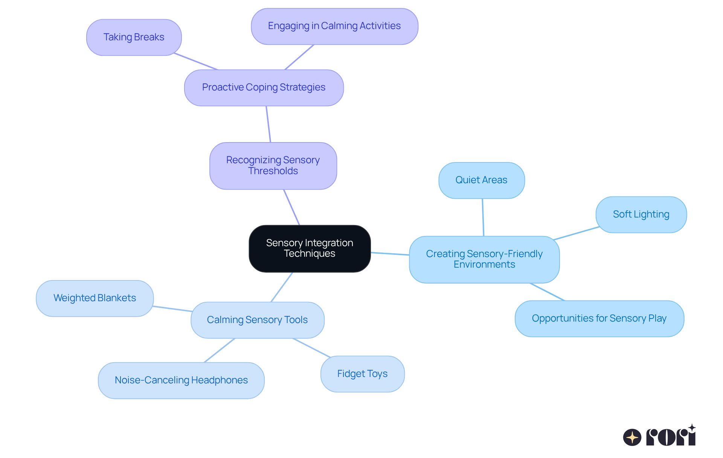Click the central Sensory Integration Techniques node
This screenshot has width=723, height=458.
click(x=310, y=248)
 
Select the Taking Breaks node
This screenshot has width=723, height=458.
click(x=134, y=37)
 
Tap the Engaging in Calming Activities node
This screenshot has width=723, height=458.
click(x=334, y=26)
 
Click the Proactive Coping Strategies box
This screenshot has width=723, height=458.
click(x=264, y=87)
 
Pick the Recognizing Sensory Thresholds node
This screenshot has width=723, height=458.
click(x=273, y=165)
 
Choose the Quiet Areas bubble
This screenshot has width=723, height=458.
click(x=481, y=180)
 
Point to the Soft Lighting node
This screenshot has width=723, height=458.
click(x=641, y=214)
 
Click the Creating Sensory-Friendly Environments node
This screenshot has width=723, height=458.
click(x=484, y=259)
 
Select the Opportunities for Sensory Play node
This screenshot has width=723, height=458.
click(x=599, y=319)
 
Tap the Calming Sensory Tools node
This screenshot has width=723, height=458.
click(x=257, y=320)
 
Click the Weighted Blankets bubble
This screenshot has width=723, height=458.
click(x=95, y=298)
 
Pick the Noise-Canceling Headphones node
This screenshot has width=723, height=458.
click(x=181, y=380)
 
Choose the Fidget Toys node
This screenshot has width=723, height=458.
click(x=362, y=374)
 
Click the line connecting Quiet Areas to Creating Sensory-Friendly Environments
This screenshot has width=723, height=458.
click(x=483, y=218)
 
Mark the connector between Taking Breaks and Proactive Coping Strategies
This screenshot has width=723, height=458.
click(x=196, y=61)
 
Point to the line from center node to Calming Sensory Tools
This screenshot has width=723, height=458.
click(x=282, y=287)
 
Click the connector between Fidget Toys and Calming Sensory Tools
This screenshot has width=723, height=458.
click(x=311, y=348)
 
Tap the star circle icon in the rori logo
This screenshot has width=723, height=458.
click(x=632, y=437)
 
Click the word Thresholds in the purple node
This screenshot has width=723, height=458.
click(x=273, y=171)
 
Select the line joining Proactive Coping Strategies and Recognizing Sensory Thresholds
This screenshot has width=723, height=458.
click(x=268, y=124)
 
